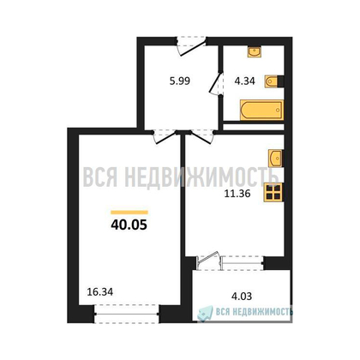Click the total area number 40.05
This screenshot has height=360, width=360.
[x=129, y=225]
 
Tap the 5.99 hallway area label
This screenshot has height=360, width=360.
[x=180, y=81]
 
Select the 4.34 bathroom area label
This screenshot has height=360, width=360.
[x=244, y=81]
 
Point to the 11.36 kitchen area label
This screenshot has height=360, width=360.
[x=237, y=194]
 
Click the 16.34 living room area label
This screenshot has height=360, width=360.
[x=100, y=291]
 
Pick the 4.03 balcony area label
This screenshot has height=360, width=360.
[x=242, y=296]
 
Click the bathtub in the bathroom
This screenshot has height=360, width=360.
[x=261, y=110]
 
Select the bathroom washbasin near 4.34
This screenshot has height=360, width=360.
[x=255, y=52]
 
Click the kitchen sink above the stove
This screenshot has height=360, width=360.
[x=276, y=158]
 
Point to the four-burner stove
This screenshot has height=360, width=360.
[x=273, y=192]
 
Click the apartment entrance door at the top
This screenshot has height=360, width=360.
[x=191, y=45]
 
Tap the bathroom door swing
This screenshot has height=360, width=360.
[x=216, y=83]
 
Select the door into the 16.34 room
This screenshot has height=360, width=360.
[x=164, y=136]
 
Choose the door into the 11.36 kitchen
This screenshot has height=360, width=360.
[x=202, y=136]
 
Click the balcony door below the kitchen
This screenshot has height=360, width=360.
[x=209, y=261]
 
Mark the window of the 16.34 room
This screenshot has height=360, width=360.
[x=127, y=314]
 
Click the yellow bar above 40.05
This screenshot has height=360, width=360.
[x=129, y=213]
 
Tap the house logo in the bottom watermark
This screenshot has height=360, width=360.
[x=205, y=313]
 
